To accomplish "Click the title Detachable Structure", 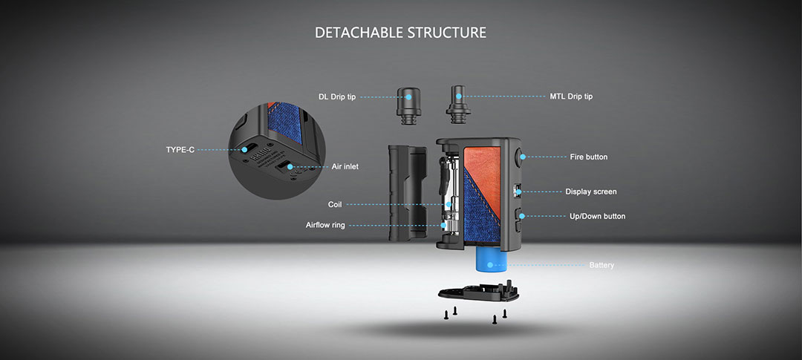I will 400,33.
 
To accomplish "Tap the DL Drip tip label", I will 336,96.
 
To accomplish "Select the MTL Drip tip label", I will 570,96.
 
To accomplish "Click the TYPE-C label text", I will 180,150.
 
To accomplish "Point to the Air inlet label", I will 345,167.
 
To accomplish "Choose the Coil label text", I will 335,204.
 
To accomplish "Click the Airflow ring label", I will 325,225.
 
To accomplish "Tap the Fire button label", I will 588,157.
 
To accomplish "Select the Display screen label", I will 590,192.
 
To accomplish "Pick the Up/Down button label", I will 597,216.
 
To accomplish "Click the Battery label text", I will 601,265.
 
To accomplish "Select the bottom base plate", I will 475,298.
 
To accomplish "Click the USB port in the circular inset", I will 252,147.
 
